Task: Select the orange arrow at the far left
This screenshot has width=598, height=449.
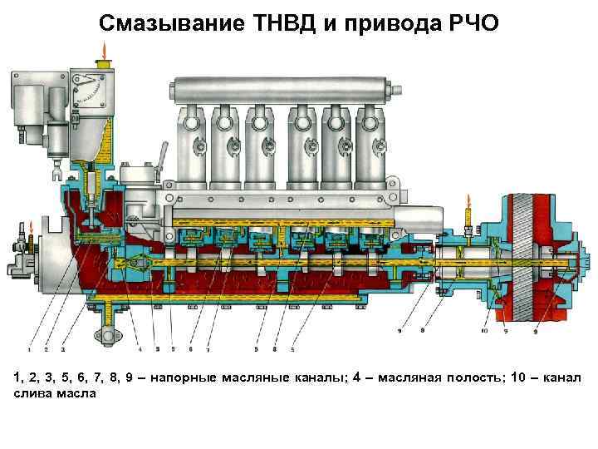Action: [x=29, y=226]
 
